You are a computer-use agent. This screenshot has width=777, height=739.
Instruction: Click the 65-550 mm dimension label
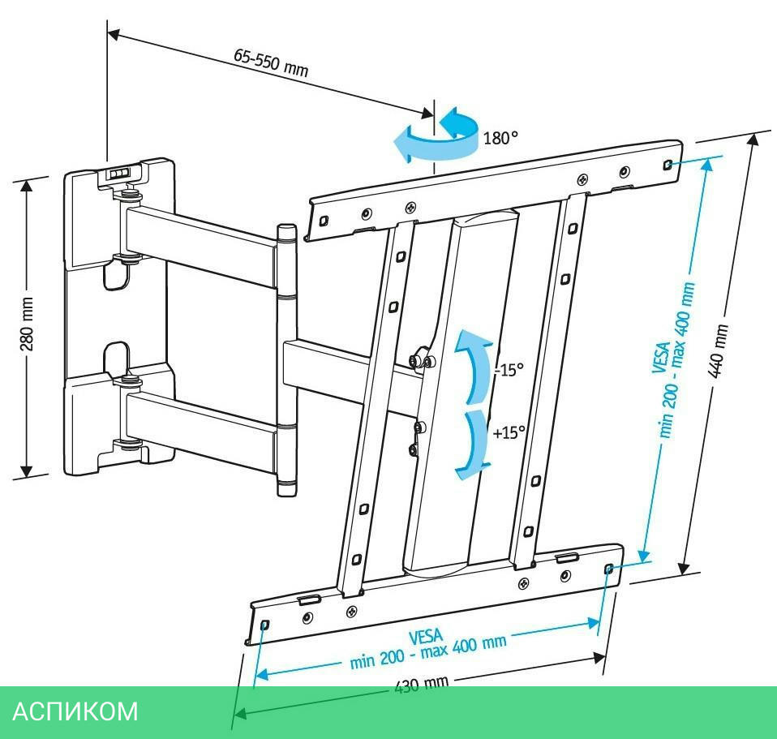(x=271, y=62)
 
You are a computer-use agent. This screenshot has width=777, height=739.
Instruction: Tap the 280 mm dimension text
(x=27, y=329)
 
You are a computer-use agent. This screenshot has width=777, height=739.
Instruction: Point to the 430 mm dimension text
(x=421, y=685)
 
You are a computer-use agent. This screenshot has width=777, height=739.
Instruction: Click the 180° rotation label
(x=500, y=138)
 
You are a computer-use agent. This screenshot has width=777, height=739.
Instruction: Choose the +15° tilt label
(x=509, y=432)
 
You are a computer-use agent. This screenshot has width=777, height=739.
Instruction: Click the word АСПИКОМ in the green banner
(x=75, y=711)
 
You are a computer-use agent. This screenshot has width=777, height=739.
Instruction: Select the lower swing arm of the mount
(x=203, y=417)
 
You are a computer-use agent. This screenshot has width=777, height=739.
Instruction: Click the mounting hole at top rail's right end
(x=666, y=164)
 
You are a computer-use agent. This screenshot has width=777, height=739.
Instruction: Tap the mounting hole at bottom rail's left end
(x=265, y=625)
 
